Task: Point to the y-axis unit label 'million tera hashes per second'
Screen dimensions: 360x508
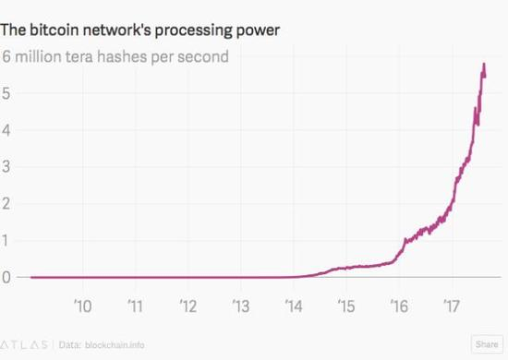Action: point(126,57)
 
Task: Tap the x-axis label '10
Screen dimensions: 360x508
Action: point(82,304)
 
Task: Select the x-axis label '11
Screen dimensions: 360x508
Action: point(135,304)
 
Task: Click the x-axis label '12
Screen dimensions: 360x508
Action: point(187,304)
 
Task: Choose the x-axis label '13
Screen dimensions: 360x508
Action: point(240,304)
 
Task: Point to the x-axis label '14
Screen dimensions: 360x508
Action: point(294,304)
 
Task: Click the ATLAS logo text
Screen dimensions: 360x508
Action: point(25,344)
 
